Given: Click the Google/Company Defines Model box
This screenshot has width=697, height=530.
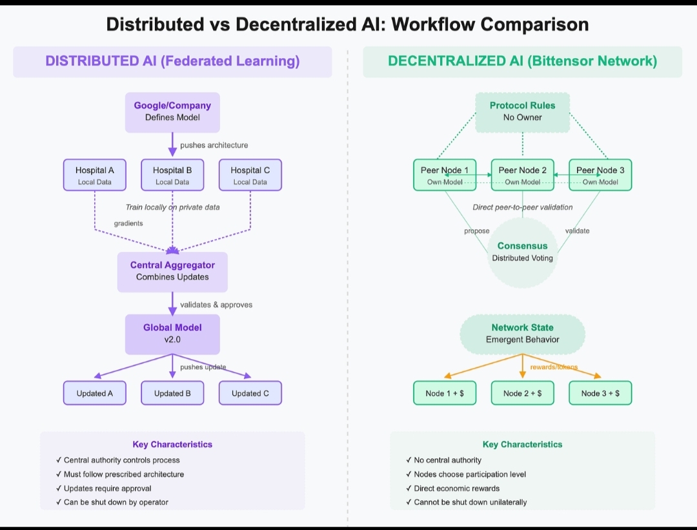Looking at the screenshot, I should coord(172,112).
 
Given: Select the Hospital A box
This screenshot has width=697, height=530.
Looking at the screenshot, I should coord(95,176).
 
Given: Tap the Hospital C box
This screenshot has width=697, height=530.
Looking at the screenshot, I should coord(250,176).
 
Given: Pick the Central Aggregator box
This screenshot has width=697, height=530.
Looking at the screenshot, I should coord(172,271).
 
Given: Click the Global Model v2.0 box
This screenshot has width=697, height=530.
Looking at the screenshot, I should coord(172,334).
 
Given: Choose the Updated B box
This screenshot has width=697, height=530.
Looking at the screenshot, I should coord(172,393).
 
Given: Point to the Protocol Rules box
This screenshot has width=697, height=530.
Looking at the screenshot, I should coord(522,112).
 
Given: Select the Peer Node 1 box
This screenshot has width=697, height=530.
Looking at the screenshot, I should coord(445,176).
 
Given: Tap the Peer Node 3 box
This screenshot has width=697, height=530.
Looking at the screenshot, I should coord(600,176).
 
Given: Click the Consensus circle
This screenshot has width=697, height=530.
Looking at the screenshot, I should coord(522,252).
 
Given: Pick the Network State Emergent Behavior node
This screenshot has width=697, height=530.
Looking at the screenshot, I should coord(522,334).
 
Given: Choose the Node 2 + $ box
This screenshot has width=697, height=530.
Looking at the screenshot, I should coord(522,393).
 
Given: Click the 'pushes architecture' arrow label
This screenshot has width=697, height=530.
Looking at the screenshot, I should coord(214,145).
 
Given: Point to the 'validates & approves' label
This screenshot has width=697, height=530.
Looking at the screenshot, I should coord(216,305).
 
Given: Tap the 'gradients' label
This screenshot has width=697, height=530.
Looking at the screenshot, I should coord(128,223).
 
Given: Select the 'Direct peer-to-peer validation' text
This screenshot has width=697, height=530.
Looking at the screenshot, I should coord(522,207).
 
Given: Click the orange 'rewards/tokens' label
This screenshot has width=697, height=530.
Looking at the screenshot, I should coord(554,367).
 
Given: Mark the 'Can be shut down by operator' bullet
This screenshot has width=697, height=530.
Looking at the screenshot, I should coord(116,502).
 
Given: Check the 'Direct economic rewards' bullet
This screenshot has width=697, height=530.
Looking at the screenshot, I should coord(457,488).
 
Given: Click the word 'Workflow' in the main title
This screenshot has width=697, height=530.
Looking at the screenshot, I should coord(432,25).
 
